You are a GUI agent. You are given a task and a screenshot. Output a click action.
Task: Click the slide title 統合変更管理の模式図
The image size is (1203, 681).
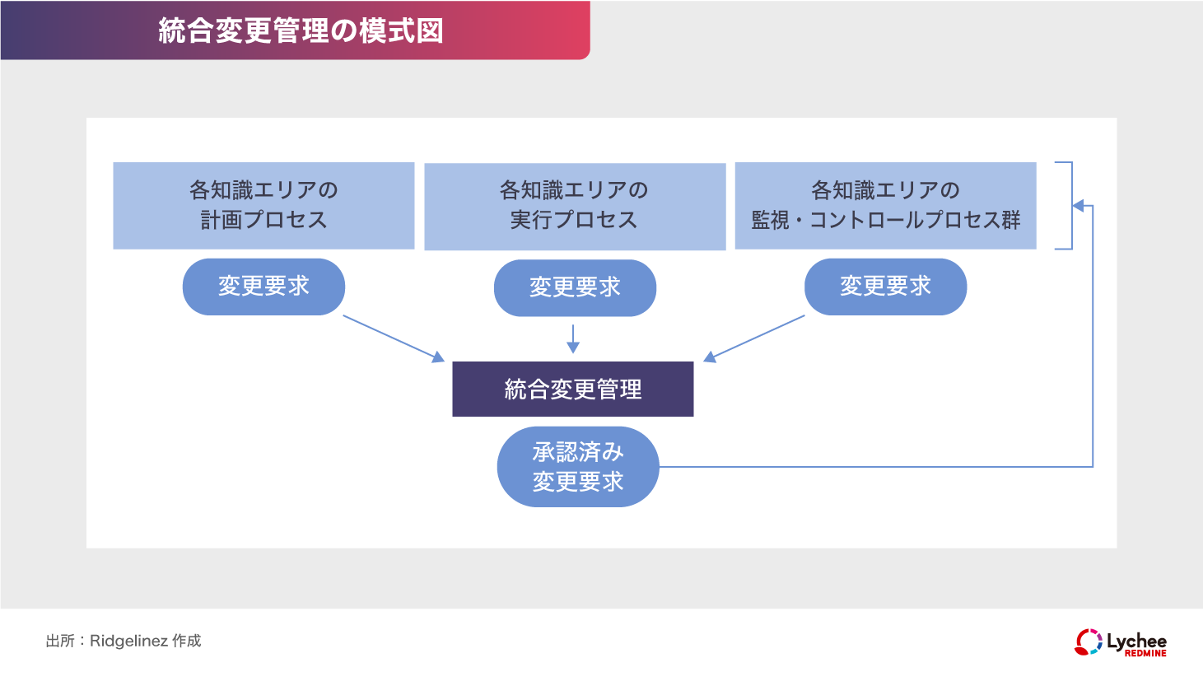click(301, 31)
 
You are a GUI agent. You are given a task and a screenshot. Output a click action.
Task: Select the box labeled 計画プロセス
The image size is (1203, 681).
click(263, 206)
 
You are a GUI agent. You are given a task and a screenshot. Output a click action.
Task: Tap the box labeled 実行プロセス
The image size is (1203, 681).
click(575, 206)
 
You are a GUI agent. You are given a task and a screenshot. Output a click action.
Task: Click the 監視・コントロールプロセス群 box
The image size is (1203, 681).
click(885, 206)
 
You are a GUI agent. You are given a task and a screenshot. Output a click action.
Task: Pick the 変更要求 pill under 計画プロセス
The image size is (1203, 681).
click(263, 287)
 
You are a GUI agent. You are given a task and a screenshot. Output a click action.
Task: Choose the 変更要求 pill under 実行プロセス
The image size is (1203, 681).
click(575, 287)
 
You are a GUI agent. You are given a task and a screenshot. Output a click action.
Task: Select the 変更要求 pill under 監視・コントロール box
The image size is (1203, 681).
click(885, 287)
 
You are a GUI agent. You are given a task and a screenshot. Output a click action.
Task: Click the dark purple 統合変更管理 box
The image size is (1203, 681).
click(573, 389)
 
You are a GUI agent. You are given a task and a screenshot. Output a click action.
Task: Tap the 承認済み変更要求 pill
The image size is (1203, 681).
click(578, 467)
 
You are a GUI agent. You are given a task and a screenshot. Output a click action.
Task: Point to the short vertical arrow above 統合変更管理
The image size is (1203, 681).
click(573, 338)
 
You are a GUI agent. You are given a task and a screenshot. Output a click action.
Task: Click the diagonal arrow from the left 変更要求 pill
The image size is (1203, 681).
click(393, 338)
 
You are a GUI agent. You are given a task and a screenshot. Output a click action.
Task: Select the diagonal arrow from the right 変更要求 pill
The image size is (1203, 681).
click(754, 338)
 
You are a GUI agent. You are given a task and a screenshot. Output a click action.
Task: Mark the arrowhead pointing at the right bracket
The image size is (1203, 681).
click(1078, 206)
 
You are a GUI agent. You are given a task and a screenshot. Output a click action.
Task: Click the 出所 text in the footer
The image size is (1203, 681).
click(59, 641)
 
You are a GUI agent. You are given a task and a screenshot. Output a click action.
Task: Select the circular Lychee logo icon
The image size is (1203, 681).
click(1089, 642)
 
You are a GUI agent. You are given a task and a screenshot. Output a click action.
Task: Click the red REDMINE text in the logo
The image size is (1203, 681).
click(1145, 653)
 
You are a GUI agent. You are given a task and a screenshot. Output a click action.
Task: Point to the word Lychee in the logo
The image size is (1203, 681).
click(1136, 640)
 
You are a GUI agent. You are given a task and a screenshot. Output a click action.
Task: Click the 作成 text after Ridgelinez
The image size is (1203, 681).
click(187, 641)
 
